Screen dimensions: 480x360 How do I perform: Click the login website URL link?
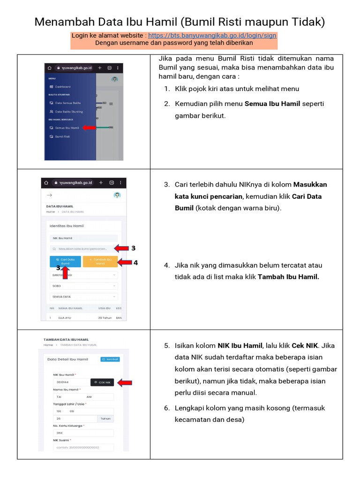tap(212, 35)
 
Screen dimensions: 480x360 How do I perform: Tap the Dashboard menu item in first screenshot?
tap(62, 87)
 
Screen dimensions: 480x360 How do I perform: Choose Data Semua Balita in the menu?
tap(67, 103)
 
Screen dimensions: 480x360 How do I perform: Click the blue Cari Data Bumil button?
tap(65, 262)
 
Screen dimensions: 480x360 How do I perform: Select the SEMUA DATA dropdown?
tap(83, 297)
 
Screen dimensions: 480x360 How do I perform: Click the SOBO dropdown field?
tap(83, 285)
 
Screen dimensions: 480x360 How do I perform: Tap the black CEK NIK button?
tap(102, 382)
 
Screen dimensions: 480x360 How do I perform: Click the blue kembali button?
tap(110, 360)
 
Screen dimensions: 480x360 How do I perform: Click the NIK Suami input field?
tap(83, 447)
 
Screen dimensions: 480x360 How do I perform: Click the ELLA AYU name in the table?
tap(64, 318)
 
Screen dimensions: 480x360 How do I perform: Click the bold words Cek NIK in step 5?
tap(305, 346)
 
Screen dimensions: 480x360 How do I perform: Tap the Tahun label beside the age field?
tap(105, 419)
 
